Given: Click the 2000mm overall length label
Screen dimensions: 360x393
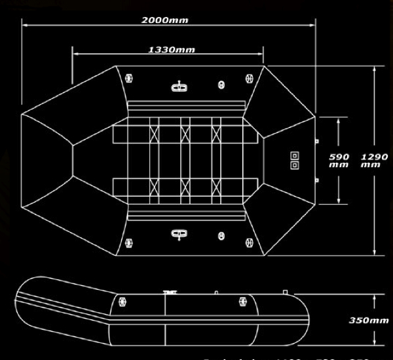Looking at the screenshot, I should click(x=164, y=20).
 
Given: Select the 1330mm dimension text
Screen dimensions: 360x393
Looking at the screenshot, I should click(x=171, y=49).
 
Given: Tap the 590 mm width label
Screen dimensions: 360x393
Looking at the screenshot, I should click(x=339, y=161).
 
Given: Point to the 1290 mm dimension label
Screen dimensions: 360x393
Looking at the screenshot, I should click(x=374, y=161).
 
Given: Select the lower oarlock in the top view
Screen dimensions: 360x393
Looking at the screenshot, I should click(x=178, y=233).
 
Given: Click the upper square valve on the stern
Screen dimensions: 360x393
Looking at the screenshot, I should click(x=294, y=155).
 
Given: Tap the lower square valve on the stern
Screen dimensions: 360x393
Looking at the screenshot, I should click(x=294, y=165).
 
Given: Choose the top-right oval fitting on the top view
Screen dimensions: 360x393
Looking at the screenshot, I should click(x=249, y=78).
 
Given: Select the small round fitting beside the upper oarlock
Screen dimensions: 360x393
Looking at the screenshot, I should click(x=221, y=85).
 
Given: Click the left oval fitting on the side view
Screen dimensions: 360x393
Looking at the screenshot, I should click(x=122, y=302).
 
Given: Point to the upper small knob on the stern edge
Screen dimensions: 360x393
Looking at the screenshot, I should click(x=316, y=140).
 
